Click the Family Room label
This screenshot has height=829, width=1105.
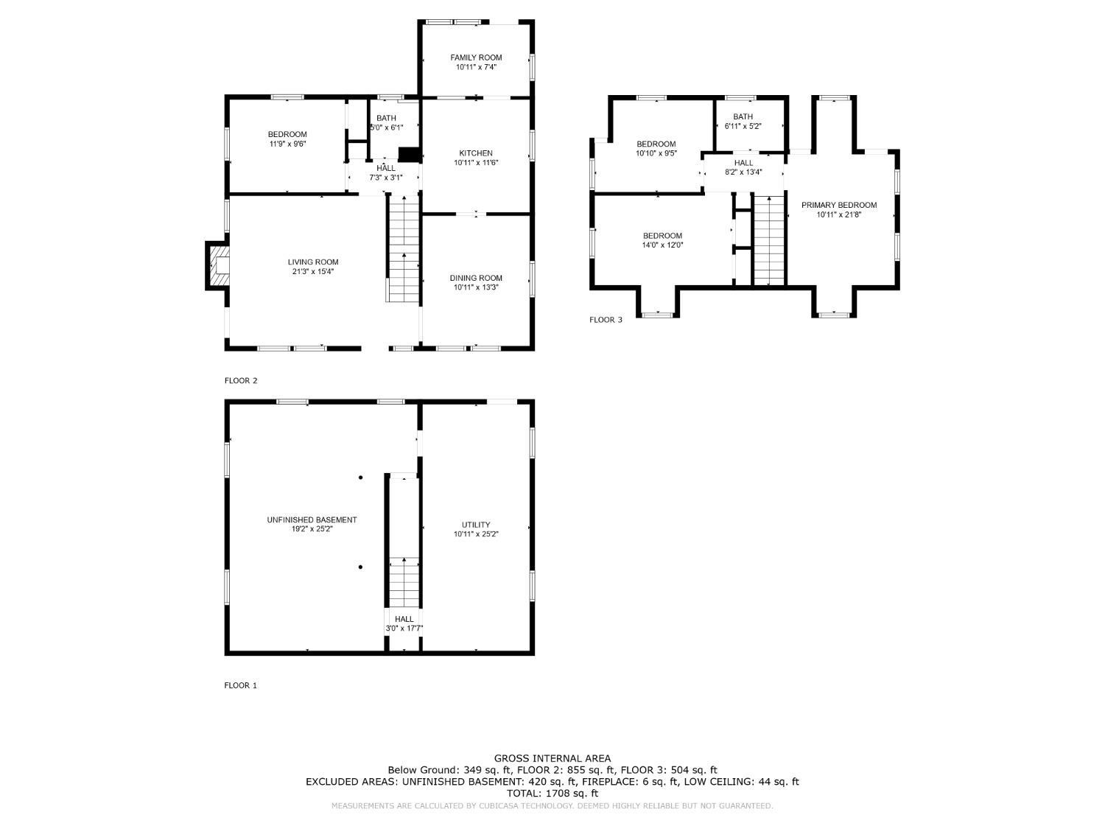tap(476, 57)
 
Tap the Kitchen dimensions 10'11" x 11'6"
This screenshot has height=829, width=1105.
tap(476, 163)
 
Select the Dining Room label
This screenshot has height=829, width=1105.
tap(476, 278)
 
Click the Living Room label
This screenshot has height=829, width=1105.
tap(312, 262)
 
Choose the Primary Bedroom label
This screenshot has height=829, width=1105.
tap(838, 205)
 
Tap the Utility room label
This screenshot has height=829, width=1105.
tap(476, 525)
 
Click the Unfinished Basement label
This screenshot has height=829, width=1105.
tap(312, 520)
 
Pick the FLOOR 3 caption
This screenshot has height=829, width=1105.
tap(606, 320)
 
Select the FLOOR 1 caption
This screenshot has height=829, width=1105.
tap(240, 685)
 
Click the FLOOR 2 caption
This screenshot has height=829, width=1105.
tap(241, 380)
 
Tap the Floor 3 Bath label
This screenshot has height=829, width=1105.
tap(743, 116)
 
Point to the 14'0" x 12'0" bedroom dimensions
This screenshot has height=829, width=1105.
tap(662, 245)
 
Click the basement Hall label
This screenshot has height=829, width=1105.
tap(404, 619)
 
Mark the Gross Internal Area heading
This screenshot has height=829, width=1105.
tap(552, 758)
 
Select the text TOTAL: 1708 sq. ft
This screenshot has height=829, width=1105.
tap(552, 794)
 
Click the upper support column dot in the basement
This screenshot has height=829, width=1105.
tap(360, 478)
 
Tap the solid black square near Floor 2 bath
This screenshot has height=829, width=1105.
tap(410, 155)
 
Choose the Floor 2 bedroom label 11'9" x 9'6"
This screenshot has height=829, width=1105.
tap(287, 144)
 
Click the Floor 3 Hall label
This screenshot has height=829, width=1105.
tap(743, 163)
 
